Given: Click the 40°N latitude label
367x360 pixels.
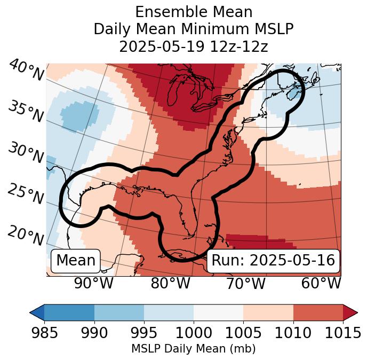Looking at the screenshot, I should pos(26,71).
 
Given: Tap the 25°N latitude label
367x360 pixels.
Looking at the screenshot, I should pos(25,194).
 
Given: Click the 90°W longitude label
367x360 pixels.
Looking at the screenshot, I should pos(94,284).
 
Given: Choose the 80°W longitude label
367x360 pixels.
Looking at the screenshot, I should pos(170,284).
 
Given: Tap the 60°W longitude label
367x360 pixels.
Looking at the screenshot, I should pos(321,284).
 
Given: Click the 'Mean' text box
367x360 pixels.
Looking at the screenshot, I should pos(76,261).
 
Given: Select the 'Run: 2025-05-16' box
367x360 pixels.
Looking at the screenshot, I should pos(273,261).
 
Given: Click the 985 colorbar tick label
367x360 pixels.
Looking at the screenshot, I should pos(44,333).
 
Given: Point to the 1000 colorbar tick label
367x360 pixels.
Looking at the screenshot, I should pos(193,333).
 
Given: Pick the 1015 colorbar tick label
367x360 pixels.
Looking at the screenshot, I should pos(342,333).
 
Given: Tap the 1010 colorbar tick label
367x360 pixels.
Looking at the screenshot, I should pos(293,333).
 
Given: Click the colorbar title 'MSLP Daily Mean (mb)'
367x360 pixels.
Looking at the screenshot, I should pos(193,349).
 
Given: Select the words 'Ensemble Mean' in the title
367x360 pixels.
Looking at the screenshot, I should pos(193,12).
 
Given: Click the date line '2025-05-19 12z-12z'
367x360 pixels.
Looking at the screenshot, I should pos(193,46).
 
